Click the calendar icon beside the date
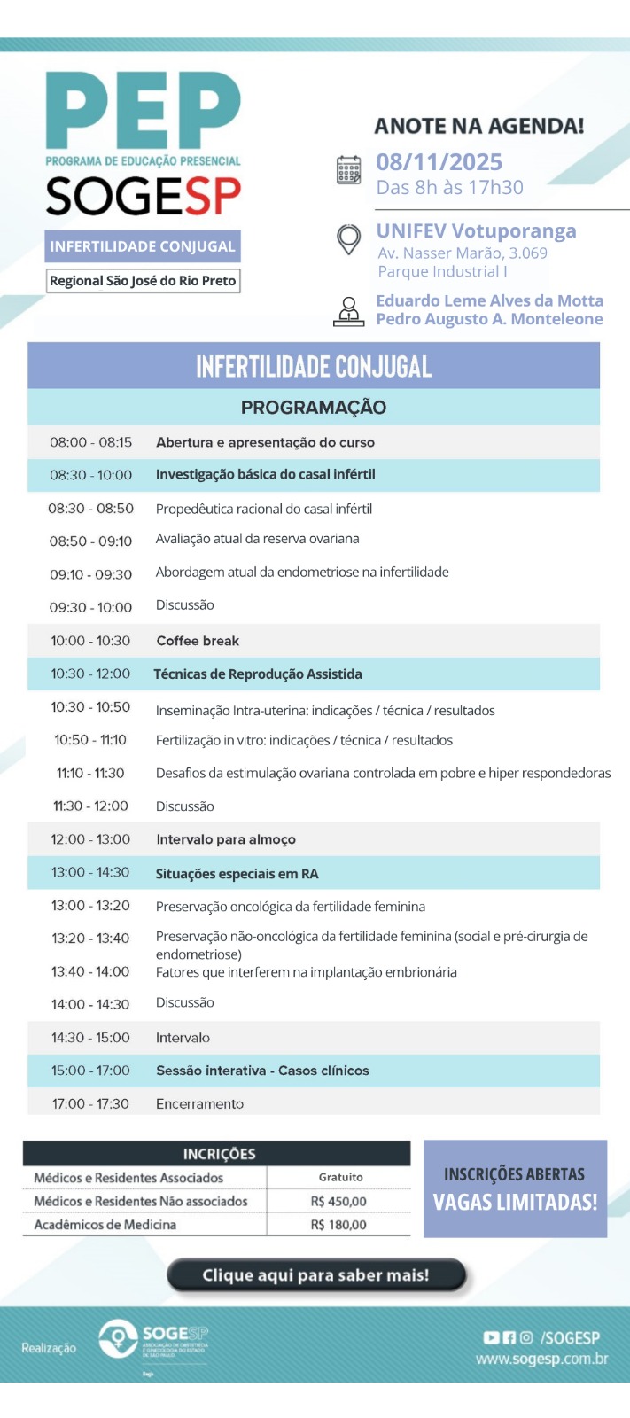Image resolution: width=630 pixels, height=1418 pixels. [x=349, y=169]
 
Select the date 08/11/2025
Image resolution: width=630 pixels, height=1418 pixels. [x=439, y=162]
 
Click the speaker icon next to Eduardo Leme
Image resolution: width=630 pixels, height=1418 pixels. [x=349, y=311]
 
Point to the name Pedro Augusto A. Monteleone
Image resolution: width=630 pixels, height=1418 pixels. [x=489, y=319]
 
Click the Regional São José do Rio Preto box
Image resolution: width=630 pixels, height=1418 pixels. [x=143, y=281]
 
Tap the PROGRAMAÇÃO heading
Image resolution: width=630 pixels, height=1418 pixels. [x=314, y=408]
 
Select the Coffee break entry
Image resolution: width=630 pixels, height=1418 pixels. [x=198, y=641]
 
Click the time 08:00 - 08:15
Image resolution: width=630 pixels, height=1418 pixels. [x=90, y=442]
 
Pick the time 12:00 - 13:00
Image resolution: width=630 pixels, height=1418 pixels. [x=90, y=839]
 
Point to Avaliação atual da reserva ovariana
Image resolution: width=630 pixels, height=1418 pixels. [x=257, y=539]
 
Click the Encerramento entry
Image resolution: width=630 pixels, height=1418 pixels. [x=199, y=1104]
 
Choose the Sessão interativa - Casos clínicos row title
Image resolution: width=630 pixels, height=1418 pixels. [x=262, y=1071]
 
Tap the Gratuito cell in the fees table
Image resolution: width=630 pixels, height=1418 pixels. [x=340, y=1177]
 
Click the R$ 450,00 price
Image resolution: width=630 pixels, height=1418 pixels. [x=338, y=1202]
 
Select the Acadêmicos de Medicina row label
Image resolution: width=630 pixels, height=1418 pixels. [x=105, y=1225]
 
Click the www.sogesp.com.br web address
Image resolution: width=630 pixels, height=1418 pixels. [x=541, y=1360]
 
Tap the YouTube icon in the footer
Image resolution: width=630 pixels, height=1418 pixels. [x=491, y=1338]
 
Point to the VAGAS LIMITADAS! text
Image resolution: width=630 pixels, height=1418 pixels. [x=515, y=1203]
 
